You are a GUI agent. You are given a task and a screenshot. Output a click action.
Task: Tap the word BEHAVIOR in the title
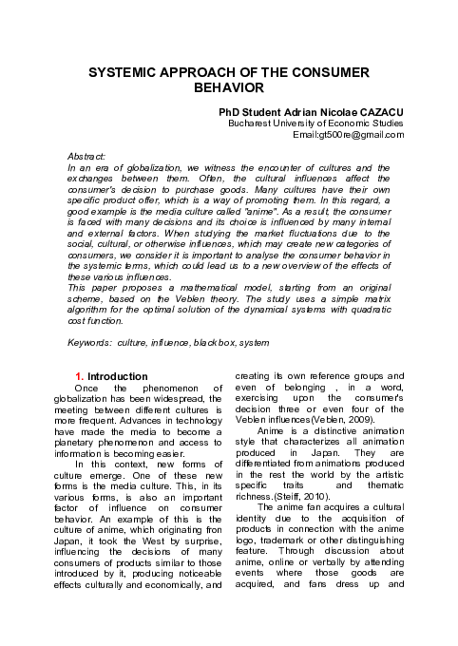point(228,88)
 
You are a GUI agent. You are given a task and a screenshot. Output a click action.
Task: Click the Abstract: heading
point(86,155)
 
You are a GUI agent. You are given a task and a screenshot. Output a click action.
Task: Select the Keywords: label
point(93,340)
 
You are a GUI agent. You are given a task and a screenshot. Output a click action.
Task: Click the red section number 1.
point(80,376)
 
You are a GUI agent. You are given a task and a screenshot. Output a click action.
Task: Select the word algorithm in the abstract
point(91,309)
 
